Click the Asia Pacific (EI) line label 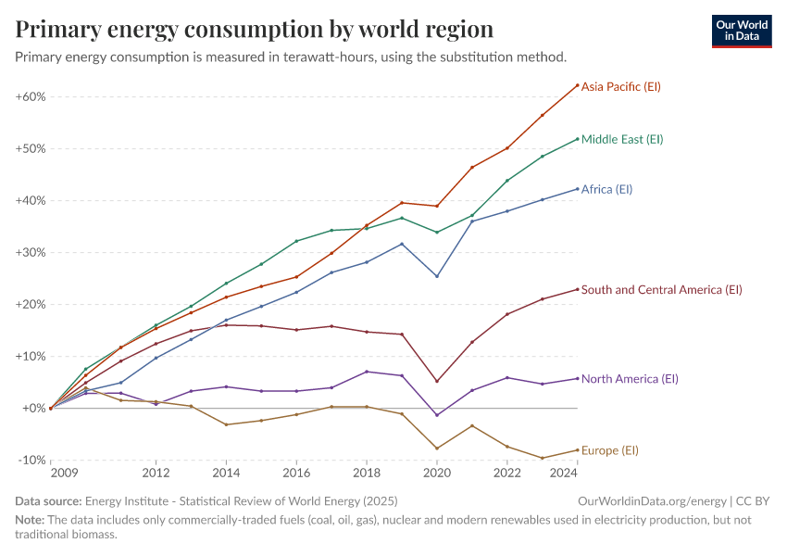(x=620, y=86)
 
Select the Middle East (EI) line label (x=622, y=139)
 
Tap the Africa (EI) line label (x=606, y=189)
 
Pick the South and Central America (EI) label (x=661, y=290)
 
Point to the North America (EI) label (x=630, y=379)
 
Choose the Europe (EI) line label (x=610, y=450)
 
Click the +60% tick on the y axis (x=31, y=96)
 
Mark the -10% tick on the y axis (x=32, y=460)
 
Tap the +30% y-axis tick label (x=31, y=252)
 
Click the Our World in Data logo (x=742, y=31)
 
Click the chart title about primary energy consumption (x=255, y=30)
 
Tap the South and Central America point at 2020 (x=437, y=381)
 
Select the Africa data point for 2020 (x=437, y=276)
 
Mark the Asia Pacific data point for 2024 (x=577, y=85)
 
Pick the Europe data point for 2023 (x=543, y=458)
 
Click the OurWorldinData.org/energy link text (x=649, y=501)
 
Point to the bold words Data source (x=47, y=501)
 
